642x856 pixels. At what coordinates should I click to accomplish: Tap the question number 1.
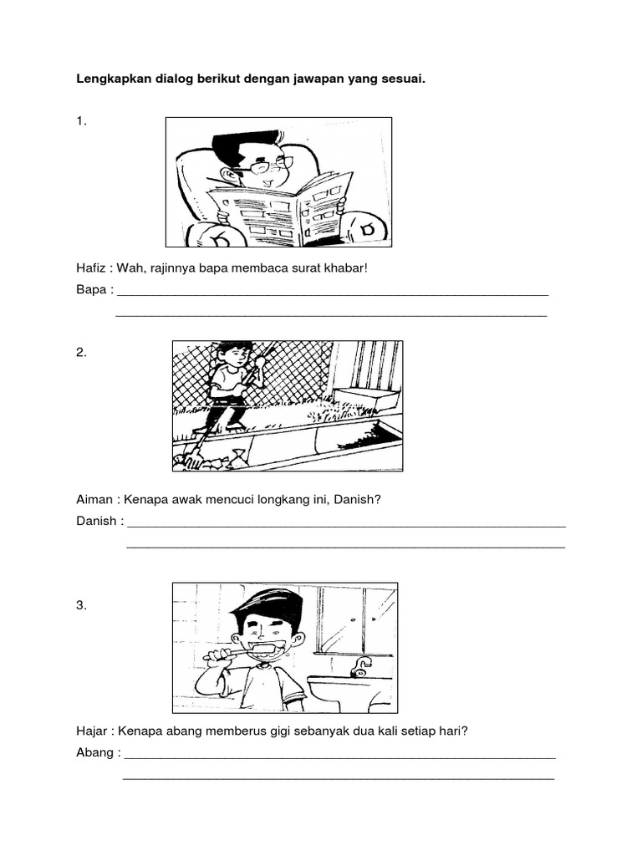[x=81, y=121]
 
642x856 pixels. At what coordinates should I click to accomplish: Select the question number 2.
[x=81, y=353]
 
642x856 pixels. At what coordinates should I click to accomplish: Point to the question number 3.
[x=81, y=606]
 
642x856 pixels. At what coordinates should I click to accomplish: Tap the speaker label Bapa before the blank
[x=91, y=291]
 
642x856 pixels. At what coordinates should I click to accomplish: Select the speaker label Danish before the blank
[x=97, y=522]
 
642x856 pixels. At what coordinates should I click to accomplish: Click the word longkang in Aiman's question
[x=295, y=500]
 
